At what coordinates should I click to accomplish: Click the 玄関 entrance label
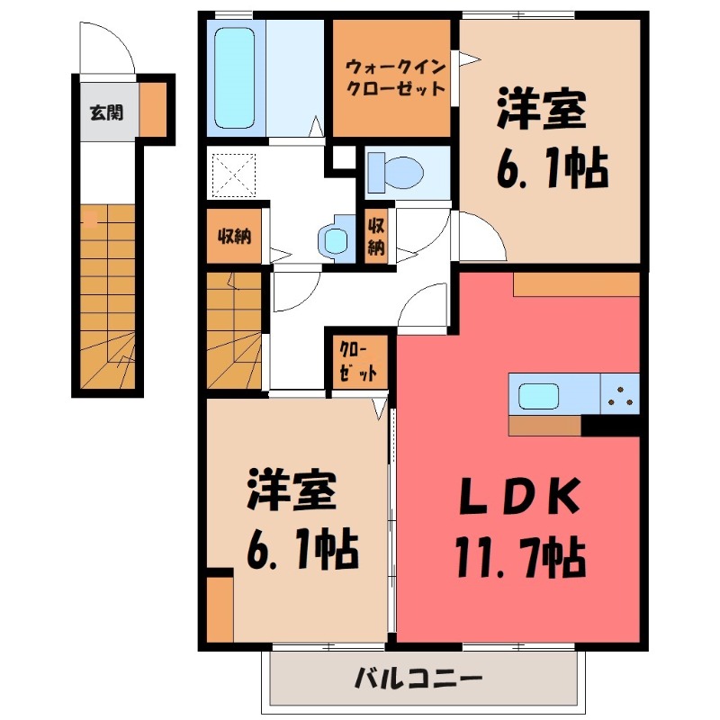tap(106, 113)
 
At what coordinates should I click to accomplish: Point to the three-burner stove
tap(619, 393)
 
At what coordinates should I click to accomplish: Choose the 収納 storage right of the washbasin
tap(377, 235)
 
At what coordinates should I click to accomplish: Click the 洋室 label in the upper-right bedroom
tap(542, 113)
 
